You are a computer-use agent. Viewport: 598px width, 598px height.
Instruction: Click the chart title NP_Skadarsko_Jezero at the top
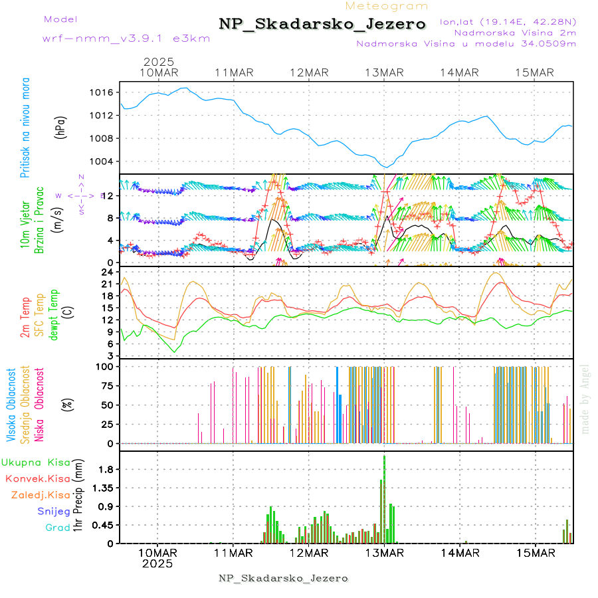pyautogui.click(x=322, y=24)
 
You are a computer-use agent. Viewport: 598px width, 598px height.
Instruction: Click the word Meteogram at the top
pyautogui.click(x=396, y=6)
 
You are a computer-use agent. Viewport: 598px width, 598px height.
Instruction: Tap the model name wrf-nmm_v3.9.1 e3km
pyautogui.click(x=126, y=38)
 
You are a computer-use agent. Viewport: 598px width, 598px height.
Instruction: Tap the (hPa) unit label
pyautogui.click(x=61, y=127)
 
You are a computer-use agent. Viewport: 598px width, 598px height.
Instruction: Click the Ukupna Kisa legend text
pyautogui.click(x=35, y=462)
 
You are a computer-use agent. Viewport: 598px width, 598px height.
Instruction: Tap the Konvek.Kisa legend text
pyautogui.click(x=37, y=478)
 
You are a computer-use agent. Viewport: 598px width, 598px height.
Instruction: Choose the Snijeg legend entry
pyautogui.click(x=54, y=511)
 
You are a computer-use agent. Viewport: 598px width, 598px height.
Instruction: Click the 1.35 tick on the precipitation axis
pyautogui.click(x=102, y=488)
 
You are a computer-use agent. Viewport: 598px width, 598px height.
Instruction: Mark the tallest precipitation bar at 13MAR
pyautogui.click(x=384, y=498)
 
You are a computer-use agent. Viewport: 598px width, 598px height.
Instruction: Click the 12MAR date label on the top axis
pyautogui.click(x=309, y=72)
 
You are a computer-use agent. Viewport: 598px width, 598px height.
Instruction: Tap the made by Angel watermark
pyautogui.click(x=585, y=399)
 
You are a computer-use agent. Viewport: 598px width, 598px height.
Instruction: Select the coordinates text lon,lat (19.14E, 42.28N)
pyautogui.click(x=508, y=21)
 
